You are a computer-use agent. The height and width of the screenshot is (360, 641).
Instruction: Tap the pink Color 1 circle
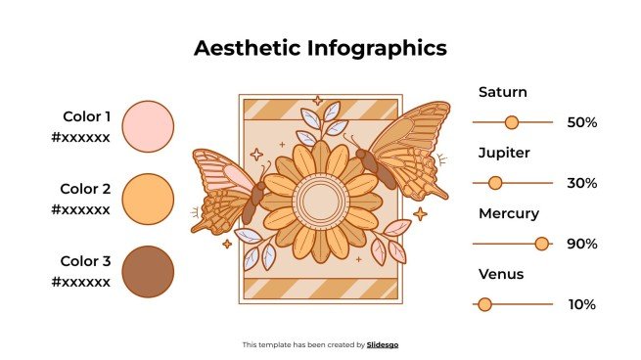[x=149, y=126]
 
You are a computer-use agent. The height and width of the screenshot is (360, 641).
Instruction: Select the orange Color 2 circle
[x=149, y=199]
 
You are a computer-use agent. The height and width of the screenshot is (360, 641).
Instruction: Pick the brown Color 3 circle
[x=149, y=271]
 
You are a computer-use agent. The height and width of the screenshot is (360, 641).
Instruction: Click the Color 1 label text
[x=86, y=116]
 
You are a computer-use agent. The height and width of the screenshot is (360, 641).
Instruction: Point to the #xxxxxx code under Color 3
[x=81, y=282]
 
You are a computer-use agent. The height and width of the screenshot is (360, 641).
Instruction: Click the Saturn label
[x=502, y=92]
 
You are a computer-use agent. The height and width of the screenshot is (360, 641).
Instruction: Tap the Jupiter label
[x=504, y=153]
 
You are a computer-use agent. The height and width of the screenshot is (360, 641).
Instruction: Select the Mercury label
[x=508, y=213]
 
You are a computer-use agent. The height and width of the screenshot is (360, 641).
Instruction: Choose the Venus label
[x=501, y=274]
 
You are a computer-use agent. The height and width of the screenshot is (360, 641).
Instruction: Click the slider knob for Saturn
[x=511, y=122]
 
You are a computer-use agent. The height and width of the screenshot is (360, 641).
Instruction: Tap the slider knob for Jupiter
[x=495, y=183]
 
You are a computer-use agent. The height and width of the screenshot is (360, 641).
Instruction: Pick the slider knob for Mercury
[x=542, y=244]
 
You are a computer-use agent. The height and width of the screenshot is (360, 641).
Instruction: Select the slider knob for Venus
[x=484, y=304]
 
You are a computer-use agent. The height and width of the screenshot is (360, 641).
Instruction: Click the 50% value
[x=581, y=122]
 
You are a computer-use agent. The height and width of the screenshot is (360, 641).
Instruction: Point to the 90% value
[x=581, y=244]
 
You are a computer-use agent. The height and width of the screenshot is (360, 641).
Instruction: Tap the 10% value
[x=581, y=304]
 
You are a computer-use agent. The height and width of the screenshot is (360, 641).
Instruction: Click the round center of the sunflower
[x=320, y=201]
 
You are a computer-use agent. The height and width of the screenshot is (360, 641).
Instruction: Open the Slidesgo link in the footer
[x=383, y=344]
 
